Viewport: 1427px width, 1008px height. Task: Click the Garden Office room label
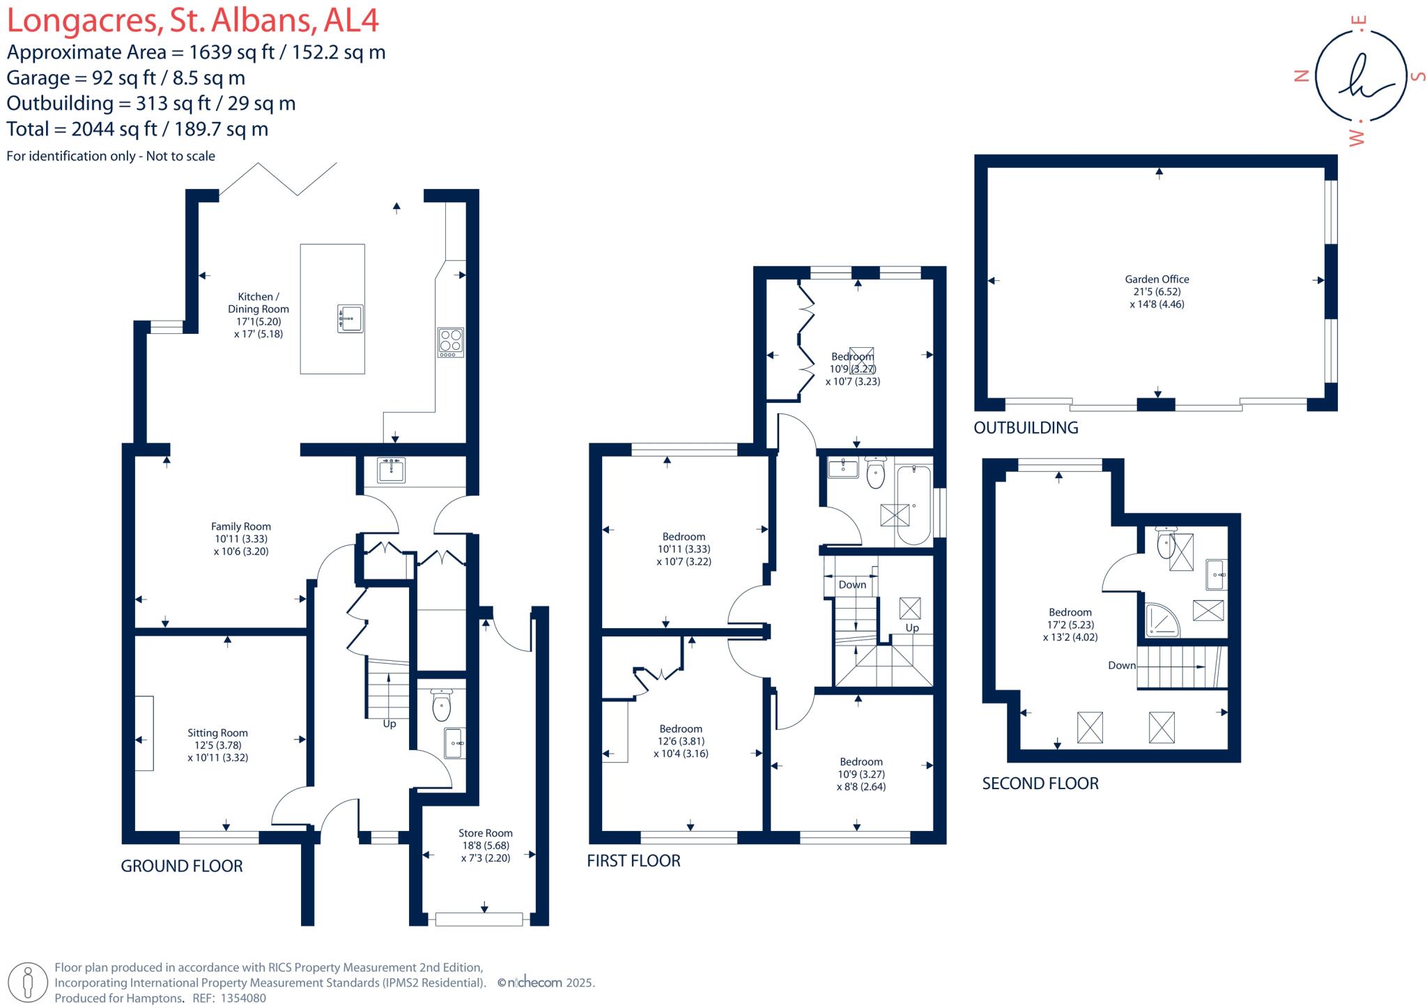[x=1157, y=280]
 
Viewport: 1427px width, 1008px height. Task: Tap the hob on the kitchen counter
[x=451, y=342]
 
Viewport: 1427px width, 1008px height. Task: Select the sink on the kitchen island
[x=350, y=318]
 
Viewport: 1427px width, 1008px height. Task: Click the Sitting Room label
[x=217, y=733]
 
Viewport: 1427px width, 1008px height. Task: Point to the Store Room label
[x=485, y=833]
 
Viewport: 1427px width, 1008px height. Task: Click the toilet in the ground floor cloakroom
[x=442, y=706]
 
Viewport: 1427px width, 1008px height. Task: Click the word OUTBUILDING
[x=1026, y=428]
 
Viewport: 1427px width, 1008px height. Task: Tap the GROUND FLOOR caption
[x=182, y=866]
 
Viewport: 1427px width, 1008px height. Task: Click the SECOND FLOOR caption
[x=1040, y=784]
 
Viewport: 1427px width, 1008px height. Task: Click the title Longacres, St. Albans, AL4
[x=193, y=21]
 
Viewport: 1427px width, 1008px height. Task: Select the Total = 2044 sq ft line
[x=137, y=129]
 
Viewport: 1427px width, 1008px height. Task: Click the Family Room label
[x=241, y=526]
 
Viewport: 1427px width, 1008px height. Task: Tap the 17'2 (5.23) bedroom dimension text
[x=1070, y=625]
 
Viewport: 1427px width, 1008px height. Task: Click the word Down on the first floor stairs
[x=852, y=584]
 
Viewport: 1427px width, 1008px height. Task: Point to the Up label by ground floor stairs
[x=389, y=724]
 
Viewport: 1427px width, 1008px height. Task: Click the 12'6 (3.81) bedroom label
[x=681, y=741]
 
